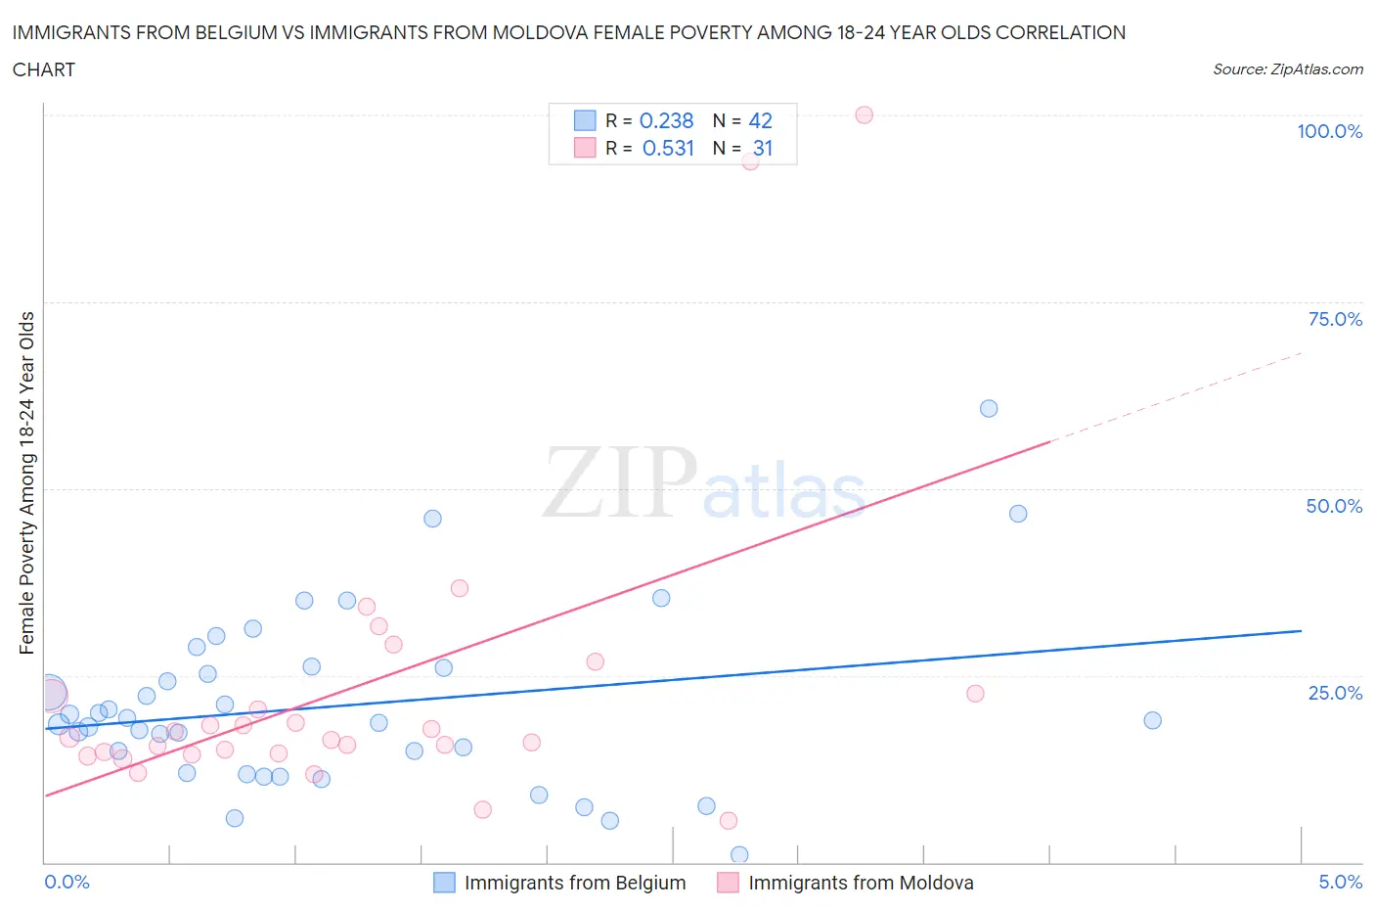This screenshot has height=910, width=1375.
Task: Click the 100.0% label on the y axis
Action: [x=1329, y=131]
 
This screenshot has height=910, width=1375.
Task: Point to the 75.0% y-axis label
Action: [x=1334, y=319]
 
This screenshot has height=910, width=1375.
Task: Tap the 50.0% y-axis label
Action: [x=1334, y=506]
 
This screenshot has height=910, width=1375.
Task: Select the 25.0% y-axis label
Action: [x=1334, y=693]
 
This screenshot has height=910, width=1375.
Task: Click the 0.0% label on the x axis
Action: [x=67, y=882]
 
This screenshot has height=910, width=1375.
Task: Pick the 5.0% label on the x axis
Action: [x=1340, y=882]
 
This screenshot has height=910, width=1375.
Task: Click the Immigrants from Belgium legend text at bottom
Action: [x=574, y=883]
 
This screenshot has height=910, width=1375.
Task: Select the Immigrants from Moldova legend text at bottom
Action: [x=861, y=883]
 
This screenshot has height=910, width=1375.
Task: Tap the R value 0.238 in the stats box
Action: [x=666, y=120]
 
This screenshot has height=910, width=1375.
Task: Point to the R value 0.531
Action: [x=668, y=148]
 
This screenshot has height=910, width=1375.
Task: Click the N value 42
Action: [x=760, y=120]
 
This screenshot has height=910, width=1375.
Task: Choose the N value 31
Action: [x=763, y=148]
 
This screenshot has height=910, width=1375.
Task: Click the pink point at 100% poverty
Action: [x=864, y=114]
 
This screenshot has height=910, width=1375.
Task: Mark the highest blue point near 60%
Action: [x=989, y=409]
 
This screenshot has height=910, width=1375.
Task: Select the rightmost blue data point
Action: [x=1152, y=720]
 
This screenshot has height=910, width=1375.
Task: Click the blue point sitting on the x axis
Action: [x=739, y=855]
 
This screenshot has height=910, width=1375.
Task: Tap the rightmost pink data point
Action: [x=975, y=694]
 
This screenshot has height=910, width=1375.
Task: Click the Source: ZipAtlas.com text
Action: [x=1287, y=69]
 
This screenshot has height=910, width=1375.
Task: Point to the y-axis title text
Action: [x=26, y=482]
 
